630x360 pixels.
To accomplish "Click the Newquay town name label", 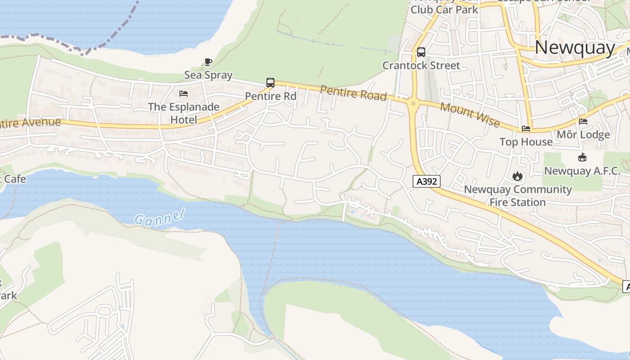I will (575, 47).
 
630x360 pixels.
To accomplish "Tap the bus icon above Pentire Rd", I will (270, 83).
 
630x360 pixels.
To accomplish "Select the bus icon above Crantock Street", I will (421, 52).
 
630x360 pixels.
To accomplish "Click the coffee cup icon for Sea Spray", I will (208, 62).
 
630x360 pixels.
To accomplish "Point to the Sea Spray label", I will (208, 75).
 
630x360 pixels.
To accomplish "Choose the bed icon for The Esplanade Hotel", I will (184, 94).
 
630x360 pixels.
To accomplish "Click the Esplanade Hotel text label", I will (184, 113).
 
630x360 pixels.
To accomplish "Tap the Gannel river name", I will (160, 217).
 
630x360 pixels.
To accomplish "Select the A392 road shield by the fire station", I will (426, 181).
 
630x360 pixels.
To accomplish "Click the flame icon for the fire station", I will (517, 176).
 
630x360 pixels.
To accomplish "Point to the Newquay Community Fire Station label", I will (517, 196).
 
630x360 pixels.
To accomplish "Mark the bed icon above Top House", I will (526, 129).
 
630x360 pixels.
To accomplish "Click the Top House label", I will (526, 142).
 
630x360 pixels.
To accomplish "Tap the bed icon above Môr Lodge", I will (583, 121).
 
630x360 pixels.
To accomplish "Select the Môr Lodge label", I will (583, 135).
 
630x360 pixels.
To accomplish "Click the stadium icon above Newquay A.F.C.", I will (582, 157).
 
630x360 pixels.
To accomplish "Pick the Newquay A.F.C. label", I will (582, 171).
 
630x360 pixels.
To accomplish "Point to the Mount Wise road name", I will (470, 115).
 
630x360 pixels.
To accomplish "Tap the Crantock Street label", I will (421, 65).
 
